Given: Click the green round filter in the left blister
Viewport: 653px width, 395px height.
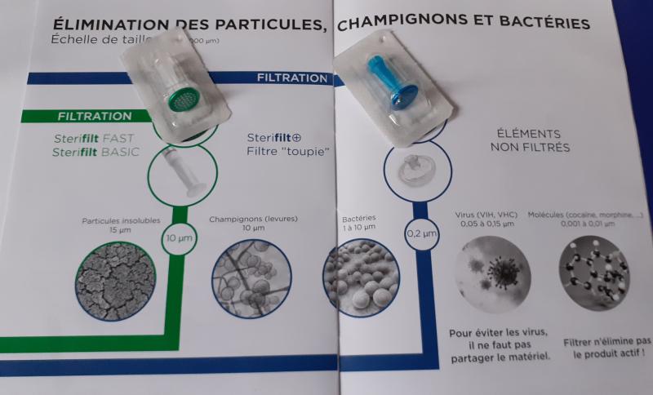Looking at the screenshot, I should [178, 104].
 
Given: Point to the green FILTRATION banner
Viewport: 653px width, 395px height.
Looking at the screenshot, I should [95, 116].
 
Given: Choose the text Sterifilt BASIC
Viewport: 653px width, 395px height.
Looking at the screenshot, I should [96, 152].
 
